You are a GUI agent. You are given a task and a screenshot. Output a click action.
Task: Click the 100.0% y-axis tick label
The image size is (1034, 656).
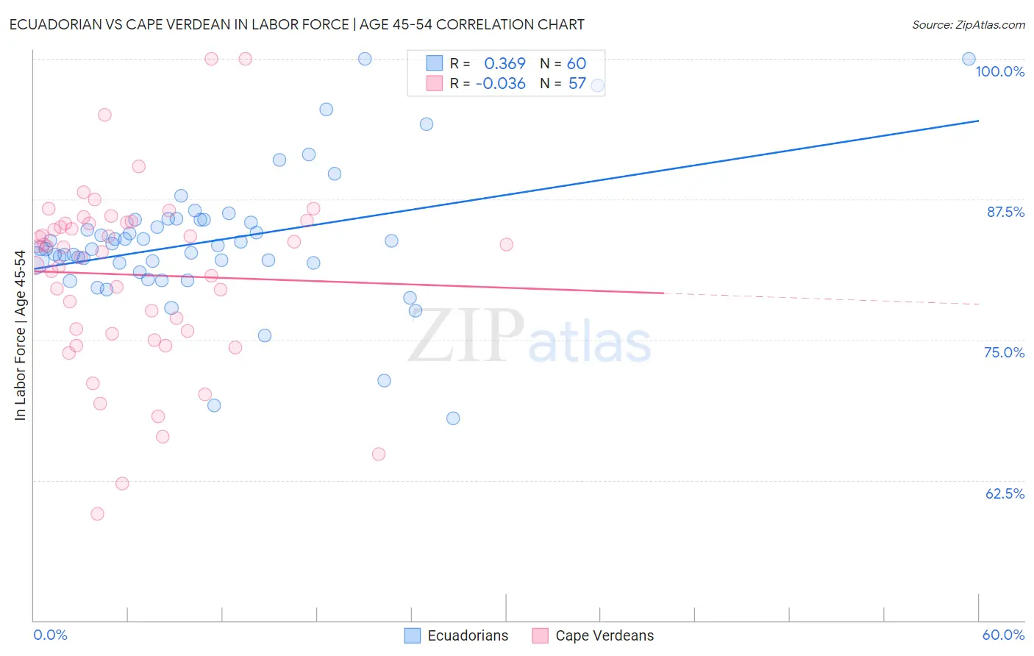coord(999,71)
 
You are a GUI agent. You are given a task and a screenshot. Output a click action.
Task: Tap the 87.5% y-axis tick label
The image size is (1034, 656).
coord(1005,212)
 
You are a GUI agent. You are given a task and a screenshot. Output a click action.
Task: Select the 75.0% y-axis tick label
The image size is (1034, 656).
coord(1004,352)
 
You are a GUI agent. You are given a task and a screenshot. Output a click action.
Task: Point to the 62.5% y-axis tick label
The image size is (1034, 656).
coord(1004,493)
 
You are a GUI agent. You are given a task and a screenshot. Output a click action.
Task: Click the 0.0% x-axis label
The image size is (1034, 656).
coord(50,635)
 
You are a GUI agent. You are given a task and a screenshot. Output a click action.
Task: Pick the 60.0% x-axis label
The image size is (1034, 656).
coord(1003,635)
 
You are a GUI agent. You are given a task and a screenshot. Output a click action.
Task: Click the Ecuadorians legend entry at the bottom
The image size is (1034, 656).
coord(457,635)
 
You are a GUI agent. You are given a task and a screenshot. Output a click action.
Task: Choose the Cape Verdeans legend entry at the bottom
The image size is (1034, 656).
coord(593,635)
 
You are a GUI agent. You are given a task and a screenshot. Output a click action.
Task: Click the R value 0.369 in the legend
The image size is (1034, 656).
coord(504,64)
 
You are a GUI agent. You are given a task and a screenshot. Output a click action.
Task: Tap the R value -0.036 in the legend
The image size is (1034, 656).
coord(500,84)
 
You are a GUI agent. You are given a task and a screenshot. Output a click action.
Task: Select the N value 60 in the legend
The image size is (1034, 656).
coord(577,64)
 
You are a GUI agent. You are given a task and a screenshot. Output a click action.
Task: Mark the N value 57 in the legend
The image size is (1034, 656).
coord(577,84)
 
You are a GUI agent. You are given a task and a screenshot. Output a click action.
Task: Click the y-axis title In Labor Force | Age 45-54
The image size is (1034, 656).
coord(20,335)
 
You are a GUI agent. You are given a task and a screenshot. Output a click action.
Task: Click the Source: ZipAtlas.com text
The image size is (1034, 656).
coord(968,25)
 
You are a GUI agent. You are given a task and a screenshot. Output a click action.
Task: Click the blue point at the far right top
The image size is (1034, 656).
coord(969,59)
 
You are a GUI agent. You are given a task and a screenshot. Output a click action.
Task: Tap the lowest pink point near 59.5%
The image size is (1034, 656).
coord(97,514)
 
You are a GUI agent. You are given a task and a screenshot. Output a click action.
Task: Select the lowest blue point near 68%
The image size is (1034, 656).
coord(453,418)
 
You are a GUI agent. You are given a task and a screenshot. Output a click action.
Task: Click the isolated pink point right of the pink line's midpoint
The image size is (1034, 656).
coord(506,244)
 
